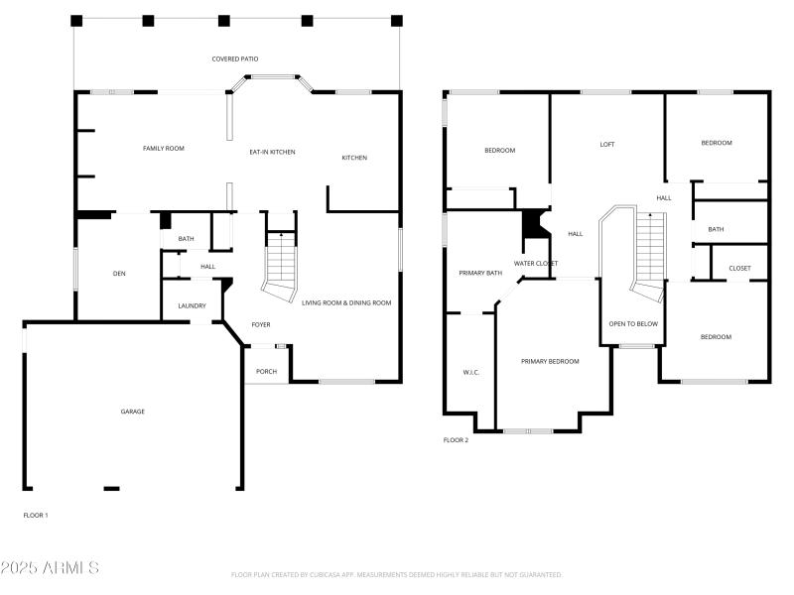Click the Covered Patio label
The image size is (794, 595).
(x=235, y=59)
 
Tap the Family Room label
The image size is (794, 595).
(x=164, y=149)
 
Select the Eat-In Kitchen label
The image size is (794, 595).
(x=272, y=152)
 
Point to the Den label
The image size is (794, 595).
(x=119, y=274)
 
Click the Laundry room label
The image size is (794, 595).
(x=192, y=306)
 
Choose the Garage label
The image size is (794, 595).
(x=133, y=412)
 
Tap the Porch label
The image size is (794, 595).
(x=266, y=372)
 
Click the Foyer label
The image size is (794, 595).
(x=261, y=325)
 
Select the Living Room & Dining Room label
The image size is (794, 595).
(x=346, y=302)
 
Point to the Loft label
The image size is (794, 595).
(x=607, y=145)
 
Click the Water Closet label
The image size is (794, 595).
(x=535, y=263)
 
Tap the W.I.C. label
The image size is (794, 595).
(x=471, y=373)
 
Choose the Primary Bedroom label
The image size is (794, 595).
(x=550, y=361)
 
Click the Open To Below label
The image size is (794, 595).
(x=633, y=324)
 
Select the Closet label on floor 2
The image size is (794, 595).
(x=739, y=269)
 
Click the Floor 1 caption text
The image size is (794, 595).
(x=36, y=516)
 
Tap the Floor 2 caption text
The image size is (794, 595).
(x=456, y=440)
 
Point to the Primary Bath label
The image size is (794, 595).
(x=481, y=273)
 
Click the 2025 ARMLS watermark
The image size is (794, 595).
(x=50, y=568)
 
